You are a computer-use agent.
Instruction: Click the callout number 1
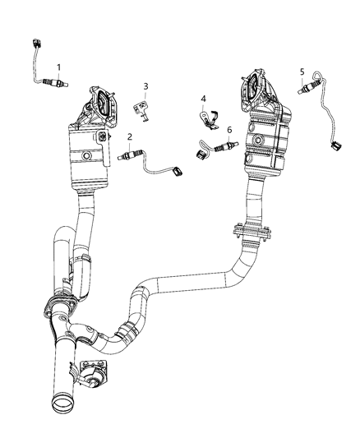pos(58,66)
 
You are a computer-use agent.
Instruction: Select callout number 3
pos(145,86)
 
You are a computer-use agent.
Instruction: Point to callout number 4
pos(203,99)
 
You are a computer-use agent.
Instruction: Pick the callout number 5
pos(302,71)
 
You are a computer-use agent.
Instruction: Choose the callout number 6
pos(229,130)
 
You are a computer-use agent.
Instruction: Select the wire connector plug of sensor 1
pos(35,44)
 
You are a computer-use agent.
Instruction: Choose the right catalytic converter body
pos(269,145)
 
